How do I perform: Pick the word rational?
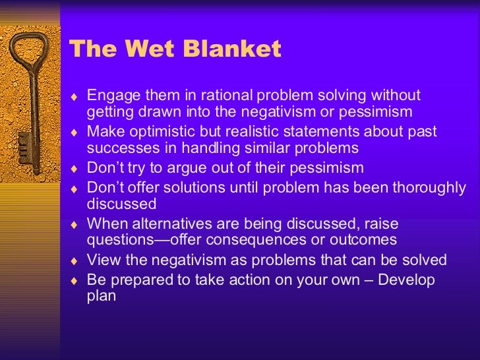tap(225, 96)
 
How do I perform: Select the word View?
tap(102, 260)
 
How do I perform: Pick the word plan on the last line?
tap(101, 296)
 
